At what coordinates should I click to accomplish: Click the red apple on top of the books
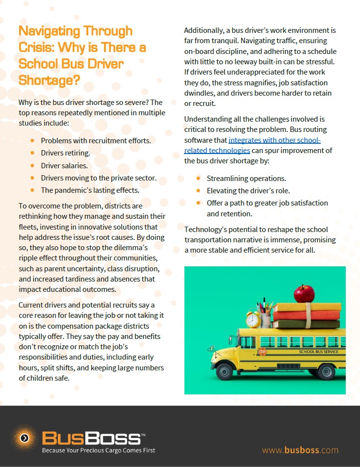point(304,294)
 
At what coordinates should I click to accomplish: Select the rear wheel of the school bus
point(326,371)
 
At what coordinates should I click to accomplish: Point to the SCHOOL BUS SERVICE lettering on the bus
point(318,352)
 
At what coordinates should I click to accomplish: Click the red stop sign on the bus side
point(262,352)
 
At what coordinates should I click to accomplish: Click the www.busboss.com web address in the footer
point(300,450)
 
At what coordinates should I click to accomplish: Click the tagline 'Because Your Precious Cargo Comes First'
point(99,450)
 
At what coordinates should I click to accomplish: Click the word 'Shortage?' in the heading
point(50,80)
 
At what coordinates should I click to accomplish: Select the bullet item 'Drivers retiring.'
point(65,153)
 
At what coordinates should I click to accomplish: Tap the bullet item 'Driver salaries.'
point(64,165)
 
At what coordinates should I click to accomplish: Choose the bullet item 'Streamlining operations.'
point(246,178)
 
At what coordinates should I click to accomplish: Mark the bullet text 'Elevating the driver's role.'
point(248,190)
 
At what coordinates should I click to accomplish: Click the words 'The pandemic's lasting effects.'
point(90,190)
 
